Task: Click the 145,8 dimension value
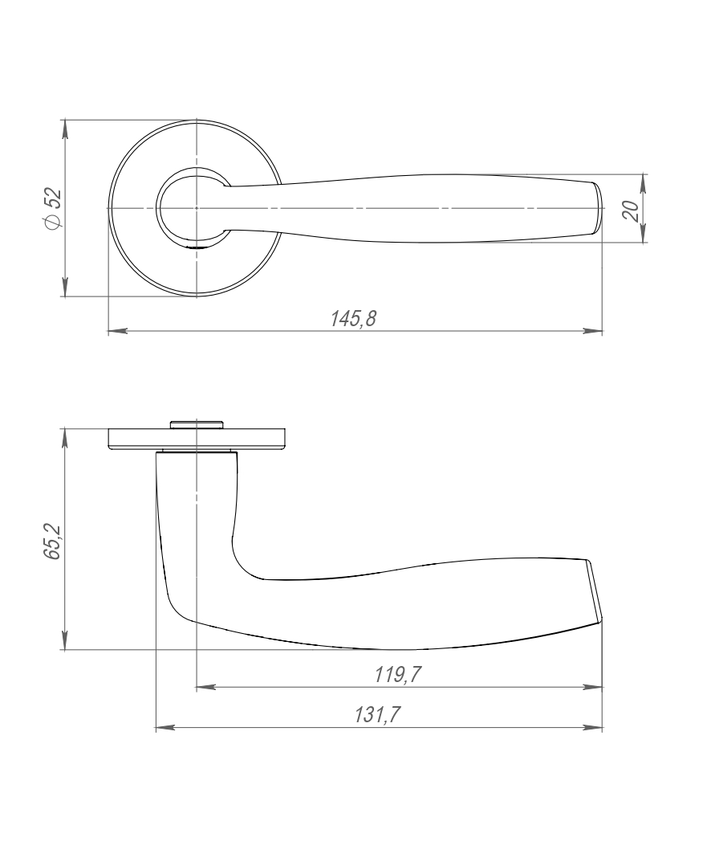(354, 319)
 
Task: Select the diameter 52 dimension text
(54, 208)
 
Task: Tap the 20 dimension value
(631, 210)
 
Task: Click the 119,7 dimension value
(398, 675)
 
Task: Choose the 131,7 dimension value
(377, 714)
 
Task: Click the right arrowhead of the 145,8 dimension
(593, 331)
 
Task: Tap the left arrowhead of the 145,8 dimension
(117, 331)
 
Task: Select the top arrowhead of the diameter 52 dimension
(65, 129)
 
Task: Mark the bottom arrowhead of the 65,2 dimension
(65, 639)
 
